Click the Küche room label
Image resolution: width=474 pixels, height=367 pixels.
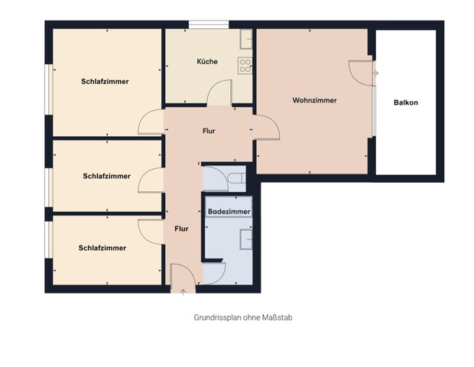pos(206,61)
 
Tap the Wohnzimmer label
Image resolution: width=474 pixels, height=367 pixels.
pos(314,100)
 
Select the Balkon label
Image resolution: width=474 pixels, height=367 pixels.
pos(406,102)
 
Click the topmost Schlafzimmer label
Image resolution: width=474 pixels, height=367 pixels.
pos(105,81)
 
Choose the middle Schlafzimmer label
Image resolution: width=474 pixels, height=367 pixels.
pos(106,176)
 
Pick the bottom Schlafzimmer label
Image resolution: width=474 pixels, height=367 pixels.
pos(102,248)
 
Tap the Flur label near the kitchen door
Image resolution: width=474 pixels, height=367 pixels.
pos(209,131)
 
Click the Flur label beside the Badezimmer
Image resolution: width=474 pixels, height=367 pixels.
pos(181,229)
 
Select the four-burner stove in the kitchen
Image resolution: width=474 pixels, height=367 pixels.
pos(245,67)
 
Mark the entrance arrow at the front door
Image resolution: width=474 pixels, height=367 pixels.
pos(183,291)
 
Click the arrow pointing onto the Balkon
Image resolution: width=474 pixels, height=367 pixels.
pos(375,73)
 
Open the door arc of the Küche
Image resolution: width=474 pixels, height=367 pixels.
pos(219,94)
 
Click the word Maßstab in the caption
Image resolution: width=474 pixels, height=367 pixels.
pos(274,316)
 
